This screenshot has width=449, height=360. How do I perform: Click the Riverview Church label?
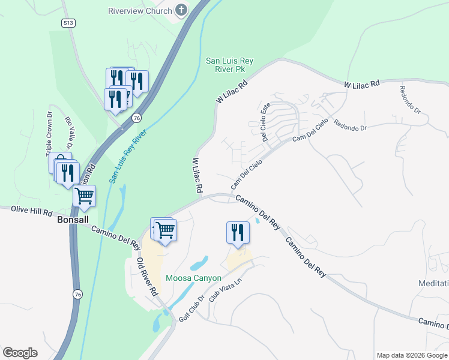pyautogui.click(x=139, y=11)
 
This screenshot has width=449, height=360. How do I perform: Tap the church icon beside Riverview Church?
pyautogui.click(x=181, y=10)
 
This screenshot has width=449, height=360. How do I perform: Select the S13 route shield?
pyautogui.click(x=68, y=22)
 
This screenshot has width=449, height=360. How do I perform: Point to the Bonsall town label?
pyautogui.click(x=73, y=220)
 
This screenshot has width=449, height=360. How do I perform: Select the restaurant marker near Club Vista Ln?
pyautogui.click(x=238, y=232)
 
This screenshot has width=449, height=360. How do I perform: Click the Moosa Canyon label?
pyautogui.click(x=194, y=278)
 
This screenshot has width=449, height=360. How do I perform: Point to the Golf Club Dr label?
pyautogui.click(x=191, y=308)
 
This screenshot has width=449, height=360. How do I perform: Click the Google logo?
pyautogui.click(x=20, y=353)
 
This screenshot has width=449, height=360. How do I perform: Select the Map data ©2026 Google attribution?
pyautogui.click(x=412, y=355)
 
